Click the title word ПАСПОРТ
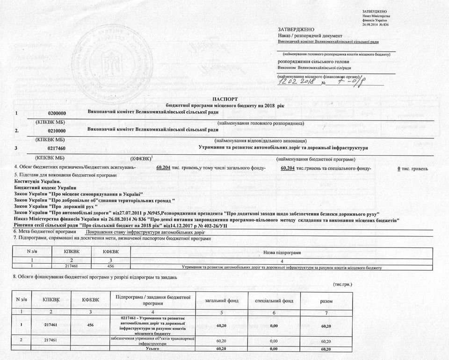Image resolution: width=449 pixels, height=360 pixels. click(x=224, y=99)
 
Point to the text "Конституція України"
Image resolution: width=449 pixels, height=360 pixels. click(x=37, y=181)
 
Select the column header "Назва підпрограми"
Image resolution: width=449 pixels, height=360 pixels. click(x=282, y=252)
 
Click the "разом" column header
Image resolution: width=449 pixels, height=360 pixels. click(x=326, y=301)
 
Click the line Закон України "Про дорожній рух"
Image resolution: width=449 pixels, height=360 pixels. click(x=56, y=206)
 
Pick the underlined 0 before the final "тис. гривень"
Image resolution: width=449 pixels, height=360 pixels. click(x=398, y=168)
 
